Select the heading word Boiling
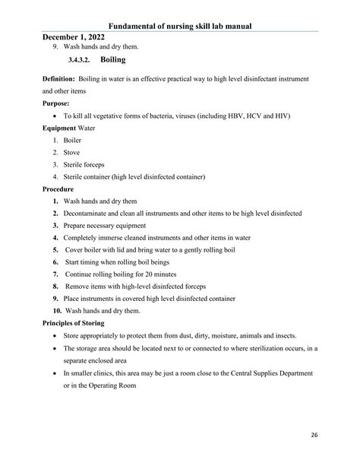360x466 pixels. pyautogui.click(x=113, y=59)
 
